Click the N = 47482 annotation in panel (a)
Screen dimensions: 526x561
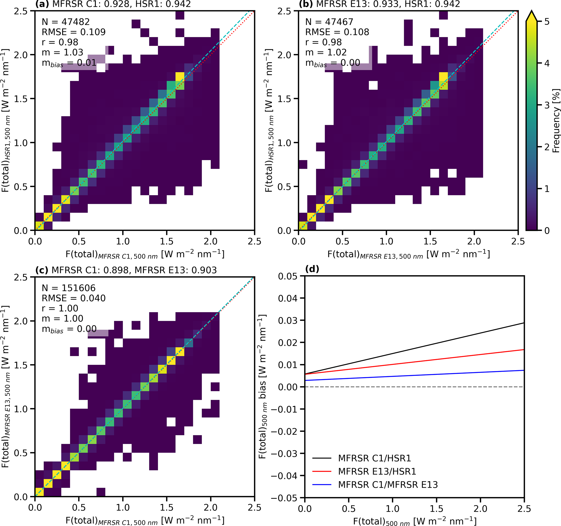click(65, 22)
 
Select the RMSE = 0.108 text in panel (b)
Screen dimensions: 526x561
click(337, 32)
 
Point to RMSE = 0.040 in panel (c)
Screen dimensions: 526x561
click(73, 298)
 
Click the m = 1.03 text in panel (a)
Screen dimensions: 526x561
click(62, 52)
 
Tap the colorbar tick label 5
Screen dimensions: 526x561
click(547, 22)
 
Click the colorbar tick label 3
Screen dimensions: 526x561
click(547, 105)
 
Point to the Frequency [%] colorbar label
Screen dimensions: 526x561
click(555, 121)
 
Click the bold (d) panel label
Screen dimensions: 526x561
click(312, 269)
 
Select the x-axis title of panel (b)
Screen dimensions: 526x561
click(408, 255)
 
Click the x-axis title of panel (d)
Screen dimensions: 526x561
click(414, 521)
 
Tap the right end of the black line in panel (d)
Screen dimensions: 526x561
click(524, 323)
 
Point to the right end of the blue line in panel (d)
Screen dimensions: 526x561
click(524, 370)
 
